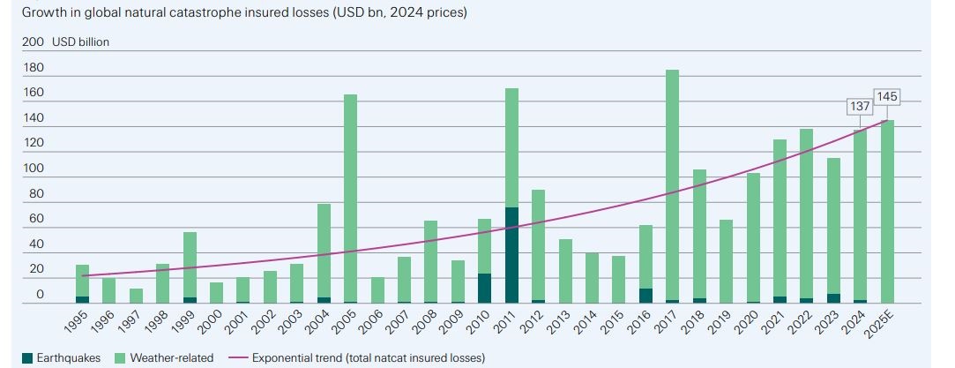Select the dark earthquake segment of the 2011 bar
click(x=511, y=255)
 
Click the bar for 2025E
click(x=887, y=212)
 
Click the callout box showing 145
click(x=886, y=95)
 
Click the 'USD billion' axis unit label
click(x=81, y=41)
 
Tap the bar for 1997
click(x=135, y=296)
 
